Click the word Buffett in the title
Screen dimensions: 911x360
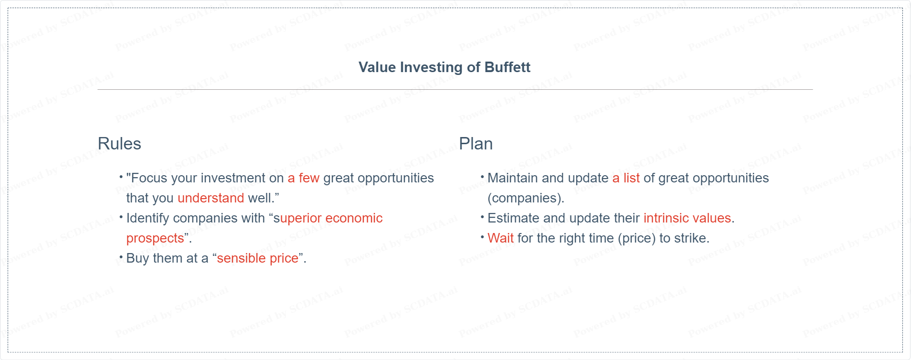click(507, 67)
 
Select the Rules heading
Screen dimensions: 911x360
click(119, 144)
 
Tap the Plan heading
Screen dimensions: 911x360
click(476, 144)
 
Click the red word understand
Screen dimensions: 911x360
click(211, 198)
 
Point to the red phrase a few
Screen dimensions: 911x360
click(304, 178)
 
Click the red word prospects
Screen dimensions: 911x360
click(155, 238)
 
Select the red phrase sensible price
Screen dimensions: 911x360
click(258, 258)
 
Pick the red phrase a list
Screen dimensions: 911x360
click(626, 178)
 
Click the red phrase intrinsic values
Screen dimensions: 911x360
click(688, 218)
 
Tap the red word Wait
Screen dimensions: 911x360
click(500, 238)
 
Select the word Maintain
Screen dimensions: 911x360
click(513, 178)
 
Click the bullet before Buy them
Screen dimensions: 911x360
click(121, 257)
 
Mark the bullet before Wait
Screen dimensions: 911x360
click(483, 237)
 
